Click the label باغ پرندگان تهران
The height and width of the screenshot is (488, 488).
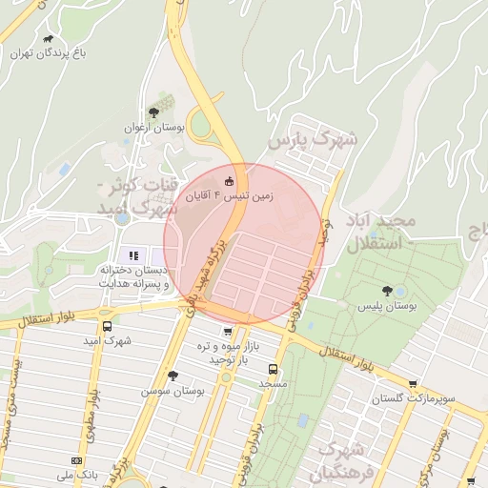[x=49, y=54]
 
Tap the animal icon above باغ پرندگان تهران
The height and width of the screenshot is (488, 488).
[x=49, y=39]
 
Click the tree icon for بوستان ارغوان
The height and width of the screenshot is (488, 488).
[x=153, y=112]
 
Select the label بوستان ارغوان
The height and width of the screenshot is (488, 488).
[x=152, y=127]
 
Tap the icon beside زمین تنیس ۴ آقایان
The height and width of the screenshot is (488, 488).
[x=229, y=181]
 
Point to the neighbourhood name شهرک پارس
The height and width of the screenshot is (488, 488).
[x=312, y=139]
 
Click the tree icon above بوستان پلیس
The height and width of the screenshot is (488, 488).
[x=387, y=291]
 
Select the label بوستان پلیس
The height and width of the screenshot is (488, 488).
[x=387, y=307]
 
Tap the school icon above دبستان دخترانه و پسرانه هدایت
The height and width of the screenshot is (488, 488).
[x=132, y=255]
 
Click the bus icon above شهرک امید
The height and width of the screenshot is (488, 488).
[x=105, y=324]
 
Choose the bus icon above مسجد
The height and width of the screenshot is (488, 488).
[x=274, y=368]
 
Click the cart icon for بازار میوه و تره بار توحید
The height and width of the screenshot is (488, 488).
[x=227, y=332]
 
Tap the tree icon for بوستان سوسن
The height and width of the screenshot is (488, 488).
[x=173, y=376]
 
